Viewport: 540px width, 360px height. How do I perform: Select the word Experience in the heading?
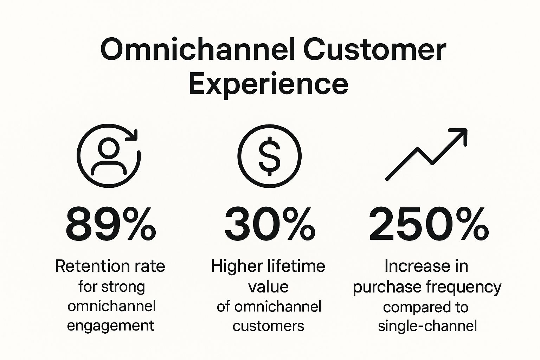[269, 84]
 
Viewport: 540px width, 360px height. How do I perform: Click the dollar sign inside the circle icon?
[270, 156]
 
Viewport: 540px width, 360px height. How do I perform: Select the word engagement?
[110, 326]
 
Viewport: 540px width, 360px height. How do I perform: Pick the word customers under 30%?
[268, 326]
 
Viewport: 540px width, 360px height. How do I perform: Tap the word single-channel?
[427, 326]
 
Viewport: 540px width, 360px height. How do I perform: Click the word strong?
[123, 287]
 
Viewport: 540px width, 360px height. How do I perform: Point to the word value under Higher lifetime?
[268, 287]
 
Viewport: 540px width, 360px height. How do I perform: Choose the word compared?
[412, 307]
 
